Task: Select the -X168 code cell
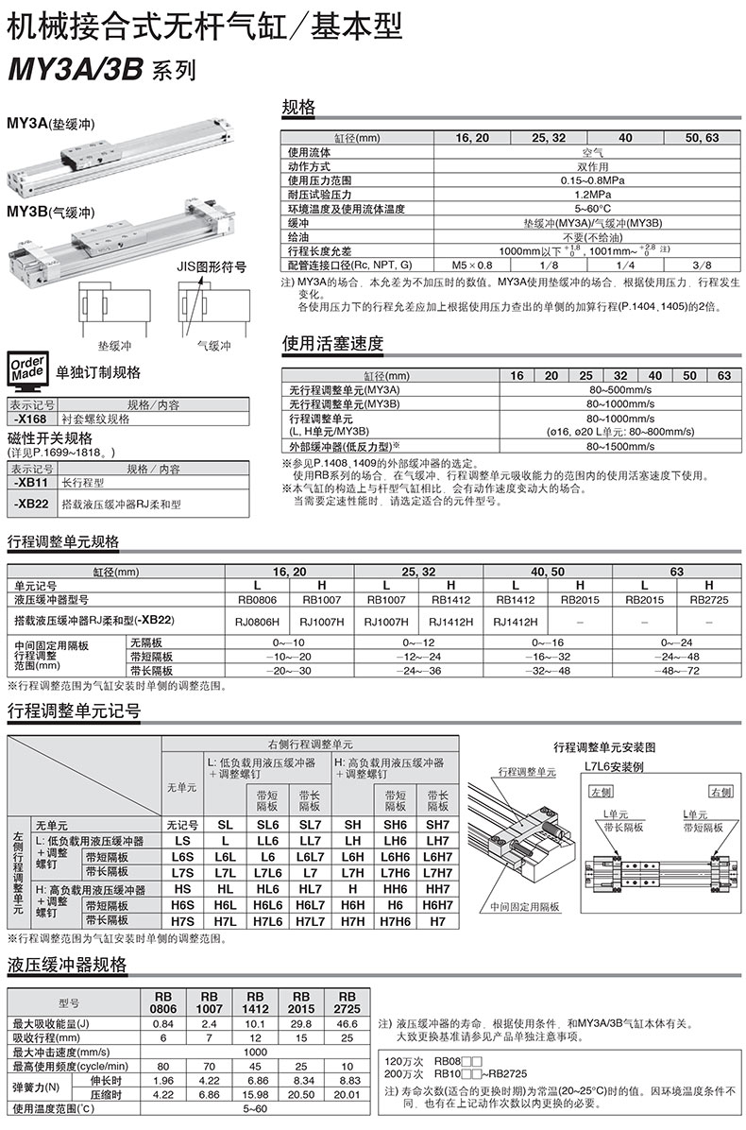coord(31,419)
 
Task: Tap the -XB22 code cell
coord(31,504)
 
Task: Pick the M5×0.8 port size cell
coord(471,265)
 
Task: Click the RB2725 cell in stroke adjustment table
coord(708,598)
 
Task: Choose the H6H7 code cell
coord(437,904)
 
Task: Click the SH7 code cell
coord(437,824)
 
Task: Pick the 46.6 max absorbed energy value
coord(347,1023)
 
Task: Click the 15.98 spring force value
coord(257,1093)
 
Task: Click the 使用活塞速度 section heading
coord(333,344)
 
